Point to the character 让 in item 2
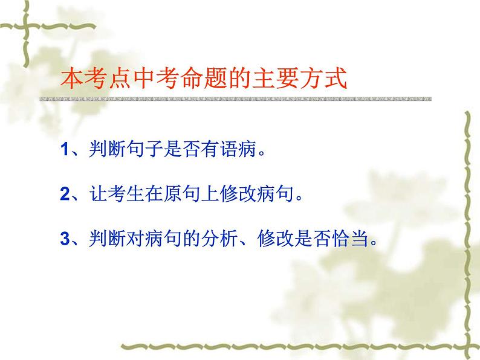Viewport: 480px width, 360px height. [x=88, y=194]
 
